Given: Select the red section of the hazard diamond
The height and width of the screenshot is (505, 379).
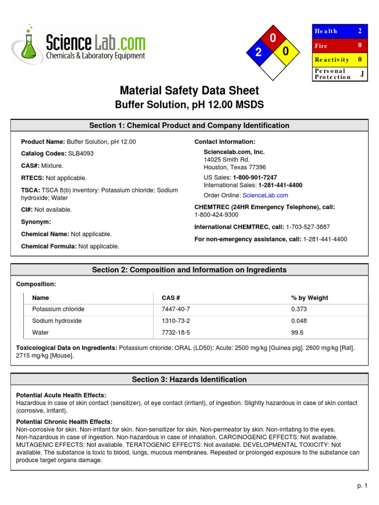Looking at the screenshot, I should click(x=272, y=38).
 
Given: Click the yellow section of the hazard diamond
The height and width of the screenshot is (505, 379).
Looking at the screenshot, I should click(x=286, y=52).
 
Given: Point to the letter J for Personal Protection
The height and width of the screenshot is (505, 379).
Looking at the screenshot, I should click(x=362, y=73).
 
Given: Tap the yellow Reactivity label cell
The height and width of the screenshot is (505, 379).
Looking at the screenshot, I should click(x=332, y=60).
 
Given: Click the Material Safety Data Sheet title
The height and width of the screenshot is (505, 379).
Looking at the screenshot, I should click(x=189, y=91).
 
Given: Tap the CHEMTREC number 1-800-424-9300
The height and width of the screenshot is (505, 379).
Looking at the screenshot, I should click(x=217, y=215).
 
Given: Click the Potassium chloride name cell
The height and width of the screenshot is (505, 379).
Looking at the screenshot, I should click(x=58, y=309).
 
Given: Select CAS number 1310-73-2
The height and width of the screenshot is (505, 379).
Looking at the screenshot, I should click(x=176, y=321).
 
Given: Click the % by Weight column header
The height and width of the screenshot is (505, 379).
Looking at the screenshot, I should click(x=309, y=298).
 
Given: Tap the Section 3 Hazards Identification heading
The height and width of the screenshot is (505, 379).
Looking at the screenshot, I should click(x=189, y=379).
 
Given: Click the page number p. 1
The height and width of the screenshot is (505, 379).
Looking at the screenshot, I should click(x=363, y=486).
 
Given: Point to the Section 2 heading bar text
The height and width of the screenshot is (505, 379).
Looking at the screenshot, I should click(x=189, y=270).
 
